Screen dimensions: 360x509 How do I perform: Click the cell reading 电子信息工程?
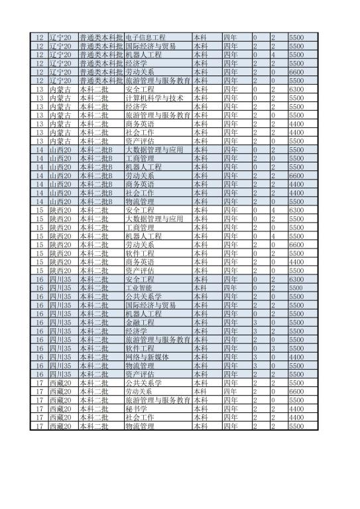pos(145,38)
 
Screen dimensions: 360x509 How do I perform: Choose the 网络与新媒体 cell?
pos(147,357)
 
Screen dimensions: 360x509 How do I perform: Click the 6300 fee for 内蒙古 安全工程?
pos(296,89)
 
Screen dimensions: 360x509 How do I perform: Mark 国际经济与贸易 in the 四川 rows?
pos(150,306)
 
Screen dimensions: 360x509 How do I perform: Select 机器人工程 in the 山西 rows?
pos(143,167)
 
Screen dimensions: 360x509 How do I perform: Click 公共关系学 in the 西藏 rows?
pos(143,383)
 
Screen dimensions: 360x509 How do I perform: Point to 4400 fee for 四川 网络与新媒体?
pos(296,357)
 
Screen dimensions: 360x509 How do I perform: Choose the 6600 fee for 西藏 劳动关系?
pos(296,392)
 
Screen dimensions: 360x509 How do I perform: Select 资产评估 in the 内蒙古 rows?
pos(139,141)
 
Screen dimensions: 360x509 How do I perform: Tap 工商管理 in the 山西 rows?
pos(139,158)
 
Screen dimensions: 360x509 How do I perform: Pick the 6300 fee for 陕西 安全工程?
pos(296,210)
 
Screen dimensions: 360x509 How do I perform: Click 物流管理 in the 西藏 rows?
pos(139,426)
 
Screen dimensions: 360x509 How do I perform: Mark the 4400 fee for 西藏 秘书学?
pos(296,409)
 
